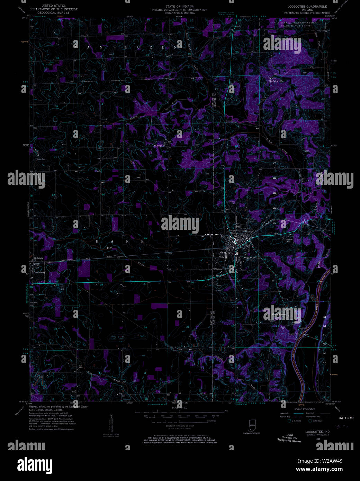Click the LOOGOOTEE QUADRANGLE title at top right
[307, 7]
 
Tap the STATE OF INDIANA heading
[179, 7]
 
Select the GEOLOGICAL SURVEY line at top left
[53, 12]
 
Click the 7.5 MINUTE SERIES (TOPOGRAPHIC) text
[307, 13]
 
